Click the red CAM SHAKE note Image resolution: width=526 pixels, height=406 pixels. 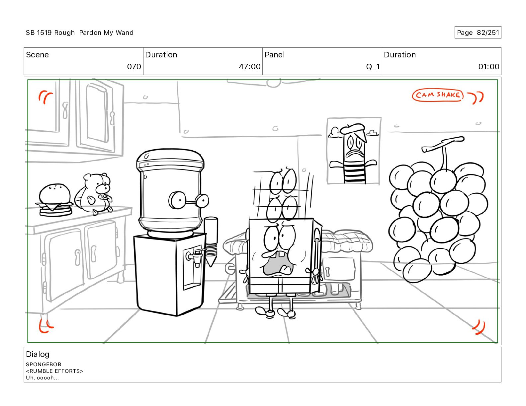(x=437, y=95)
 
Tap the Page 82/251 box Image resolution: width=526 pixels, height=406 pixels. (x=478, y=33)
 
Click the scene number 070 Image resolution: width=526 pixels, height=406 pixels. (x=134, y=66)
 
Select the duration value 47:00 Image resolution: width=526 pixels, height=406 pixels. (x=250, y=66)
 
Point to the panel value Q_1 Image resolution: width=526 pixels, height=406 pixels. (x=373, y=66)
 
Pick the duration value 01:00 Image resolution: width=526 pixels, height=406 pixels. (x=489, y=66)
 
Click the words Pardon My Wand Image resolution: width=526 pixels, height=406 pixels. (x=106, y=33)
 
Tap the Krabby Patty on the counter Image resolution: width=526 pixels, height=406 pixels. (x=55, y=200)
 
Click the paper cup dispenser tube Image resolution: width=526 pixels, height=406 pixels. (x=211, y=241)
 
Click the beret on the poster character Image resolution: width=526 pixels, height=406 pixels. (x=353, y=128)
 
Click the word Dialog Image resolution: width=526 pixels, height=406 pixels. (x=38, y=354)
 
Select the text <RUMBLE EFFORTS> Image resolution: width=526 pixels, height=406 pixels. (x=54, y=371)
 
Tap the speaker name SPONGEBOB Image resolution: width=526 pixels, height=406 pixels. (x=44, y=365)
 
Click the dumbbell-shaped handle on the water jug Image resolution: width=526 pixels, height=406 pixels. (x=189, y=200)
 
